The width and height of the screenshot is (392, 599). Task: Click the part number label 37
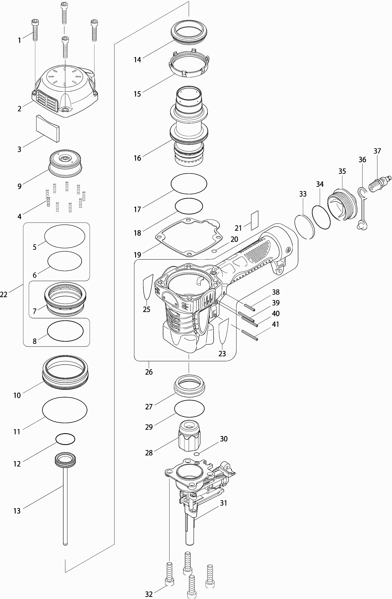377,151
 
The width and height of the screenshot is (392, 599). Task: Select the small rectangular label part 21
255,221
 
